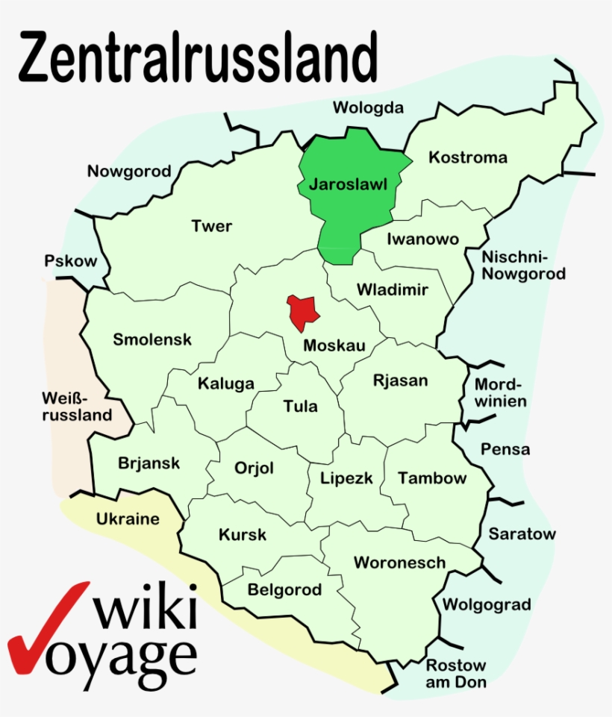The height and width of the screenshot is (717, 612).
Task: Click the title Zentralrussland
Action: tap(198, 57)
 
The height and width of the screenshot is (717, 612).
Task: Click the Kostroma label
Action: tap(468, 157)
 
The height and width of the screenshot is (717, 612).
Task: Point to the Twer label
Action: tap(212, 225)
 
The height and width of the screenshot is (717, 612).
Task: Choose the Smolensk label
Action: tap(152, 339)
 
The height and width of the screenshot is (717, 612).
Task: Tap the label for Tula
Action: tap(300, 406)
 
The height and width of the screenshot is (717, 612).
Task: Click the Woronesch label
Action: tap(399, 563)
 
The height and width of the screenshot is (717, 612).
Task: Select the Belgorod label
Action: tap(284, 590)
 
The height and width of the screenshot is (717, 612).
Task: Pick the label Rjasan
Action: tap(401, 381)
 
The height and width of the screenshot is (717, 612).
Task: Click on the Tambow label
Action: tap(432, 478)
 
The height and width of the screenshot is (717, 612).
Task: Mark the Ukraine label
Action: tap(128, 519)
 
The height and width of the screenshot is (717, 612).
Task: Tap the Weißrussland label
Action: tap(77, 404)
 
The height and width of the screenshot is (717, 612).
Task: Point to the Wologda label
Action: tap(368, 107)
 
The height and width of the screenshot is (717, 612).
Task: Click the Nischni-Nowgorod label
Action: tap(523, 266)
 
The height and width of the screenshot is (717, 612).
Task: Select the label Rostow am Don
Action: tap(455, 673)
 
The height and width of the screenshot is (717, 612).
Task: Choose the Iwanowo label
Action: tap(422, 239)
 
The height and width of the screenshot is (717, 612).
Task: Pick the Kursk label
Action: tap(243, 535)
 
